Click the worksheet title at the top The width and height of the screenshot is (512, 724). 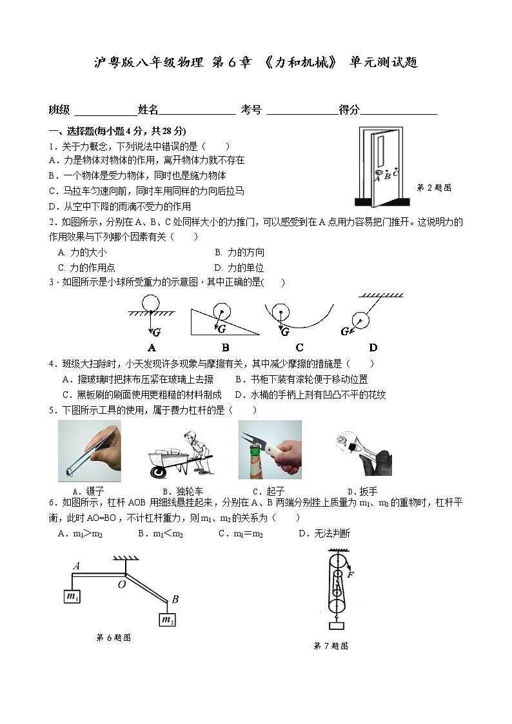[x=256, y=63]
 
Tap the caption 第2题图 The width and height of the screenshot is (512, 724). [x=434, y=188]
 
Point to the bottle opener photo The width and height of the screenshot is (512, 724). [x=270, y=450]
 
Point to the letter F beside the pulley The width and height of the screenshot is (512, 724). [x=350, y=574]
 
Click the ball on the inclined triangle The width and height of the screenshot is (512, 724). [x=221, y=311]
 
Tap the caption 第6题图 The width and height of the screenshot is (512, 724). [x=113, y=638]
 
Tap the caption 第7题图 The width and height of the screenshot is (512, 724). [x=331, y=645]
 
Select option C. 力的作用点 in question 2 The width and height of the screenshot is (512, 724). [x=86, y=268]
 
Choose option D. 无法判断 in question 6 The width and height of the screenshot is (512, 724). [x=324, y=533]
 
